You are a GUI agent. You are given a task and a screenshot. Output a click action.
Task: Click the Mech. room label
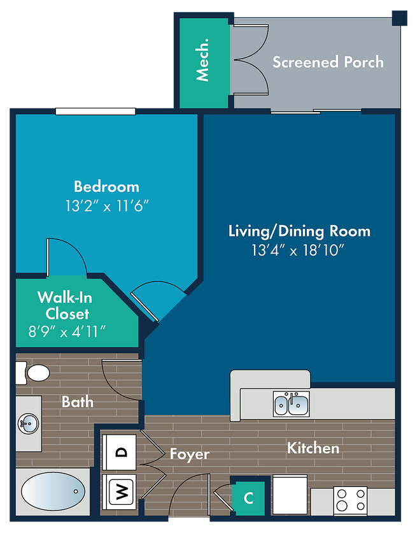pyautogui.click(x=202, y=60)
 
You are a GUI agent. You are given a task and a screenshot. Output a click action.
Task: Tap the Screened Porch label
pyautogui.click(x=328, y=62)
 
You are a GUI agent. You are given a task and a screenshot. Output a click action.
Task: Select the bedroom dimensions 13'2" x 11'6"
pyautogui.click(x=107, y=206)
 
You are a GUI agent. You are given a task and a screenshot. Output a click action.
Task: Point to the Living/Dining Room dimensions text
pyautogui.click(x=297, y=250)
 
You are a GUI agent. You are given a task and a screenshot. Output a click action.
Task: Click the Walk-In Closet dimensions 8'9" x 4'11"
pyautogui.click(x=67, y=331)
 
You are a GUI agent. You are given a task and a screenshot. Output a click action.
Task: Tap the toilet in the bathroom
pyautogui.click(x=32, y=373)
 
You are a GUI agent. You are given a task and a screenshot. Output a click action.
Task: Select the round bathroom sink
pyautogui.click(x=29, y=423)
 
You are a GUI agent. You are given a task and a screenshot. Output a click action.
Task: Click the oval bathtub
pyautogui.click(x=53, y=491)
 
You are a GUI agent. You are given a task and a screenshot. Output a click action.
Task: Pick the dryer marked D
pyautogui.click(x=119, y=452)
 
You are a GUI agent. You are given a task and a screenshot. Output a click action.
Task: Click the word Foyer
pyautogui.click(x=190, y=454)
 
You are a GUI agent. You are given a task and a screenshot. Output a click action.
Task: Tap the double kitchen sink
pyautogui.click(x=291, y=404)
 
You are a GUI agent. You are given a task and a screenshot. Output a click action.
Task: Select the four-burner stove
pyautogui.click(x=350, y=500)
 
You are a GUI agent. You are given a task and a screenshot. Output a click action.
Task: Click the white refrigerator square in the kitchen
pyautogui.click(x=290, y=495)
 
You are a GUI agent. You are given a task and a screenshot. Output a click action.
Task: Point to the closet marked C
pyautogui.click(x=249, y=498)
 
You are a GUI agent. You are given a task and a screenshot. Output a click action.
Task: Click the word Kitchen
pyautogui.click(x=313, y=448)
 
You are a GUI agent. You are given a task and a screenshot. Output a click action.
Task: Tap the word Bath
pyautogui.click(x=78, y=402)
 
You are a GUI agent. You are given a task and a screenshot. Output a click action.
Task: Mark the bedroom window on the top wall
pyautogui.click(x=95, y=112)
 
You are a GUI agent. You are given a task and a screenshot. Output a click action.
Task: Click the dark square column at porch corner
pyautogui.click(x=400, y=18)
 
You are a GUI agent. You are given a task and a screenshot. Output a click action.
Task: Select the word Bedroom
pyautogui.click(x=106, y=187)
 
